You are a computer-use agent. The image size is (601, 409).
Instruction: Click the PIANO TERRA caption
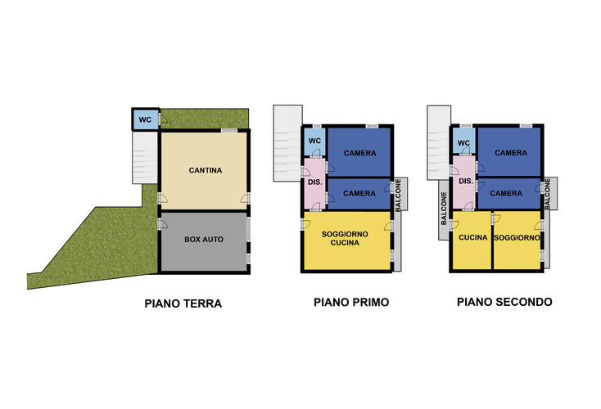pos(183,303)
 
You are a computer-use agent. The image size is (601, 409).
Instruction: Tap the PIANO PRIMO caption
pos(351,302)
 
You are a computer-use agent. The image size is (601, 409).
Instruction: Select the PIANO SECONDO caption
pos(504,302)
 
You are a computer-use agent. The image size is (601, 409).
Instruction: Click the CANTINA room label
pos(206,170)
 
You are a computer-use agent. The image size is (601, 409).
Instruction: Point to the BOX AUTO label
pos(204,240)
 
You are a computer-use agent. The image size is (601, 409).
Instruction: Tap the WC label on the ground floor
pos(145,120)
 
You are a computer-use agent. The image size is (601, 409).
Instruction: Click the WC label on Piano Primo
pos(314,141)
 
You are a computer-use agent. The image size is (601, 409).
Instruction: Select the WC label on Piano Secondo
pos(463,143)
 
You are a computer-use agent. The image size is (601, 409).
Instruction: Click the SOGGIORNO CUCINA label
pos(345,238)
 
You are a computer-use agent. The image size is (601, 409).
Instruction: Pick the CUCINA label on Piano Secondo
pos(473,238)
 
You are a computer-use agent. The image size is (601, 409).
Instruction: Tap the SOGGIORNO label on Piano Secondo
pos(517,238)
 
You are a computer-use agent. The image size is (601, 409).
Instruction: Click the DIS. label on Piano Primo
pos(315,182)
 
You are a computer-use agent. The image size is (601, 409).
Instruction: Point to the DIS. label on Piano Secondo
pos(466,181)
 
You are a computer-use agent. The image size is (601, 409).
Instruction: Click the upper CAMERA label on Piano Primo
pos(360,153)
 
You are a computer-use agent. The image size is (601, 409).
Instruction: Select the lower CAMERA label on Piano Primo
pos(359,193)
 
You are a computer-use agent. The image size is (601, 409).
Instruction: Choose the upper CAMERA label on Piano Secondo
pos(511,153)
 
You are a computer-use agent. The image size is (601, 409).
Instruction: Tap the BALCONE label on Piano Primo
pos(398,195)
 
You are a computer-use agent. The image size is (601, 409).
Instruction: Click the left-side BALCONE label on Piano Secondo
pos(444,209)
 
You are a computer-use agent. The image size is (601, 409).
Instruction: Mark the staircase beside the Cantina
pos(144,157)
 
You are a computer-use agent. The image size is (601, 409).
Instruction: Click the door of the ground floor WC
pos(162,119)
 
